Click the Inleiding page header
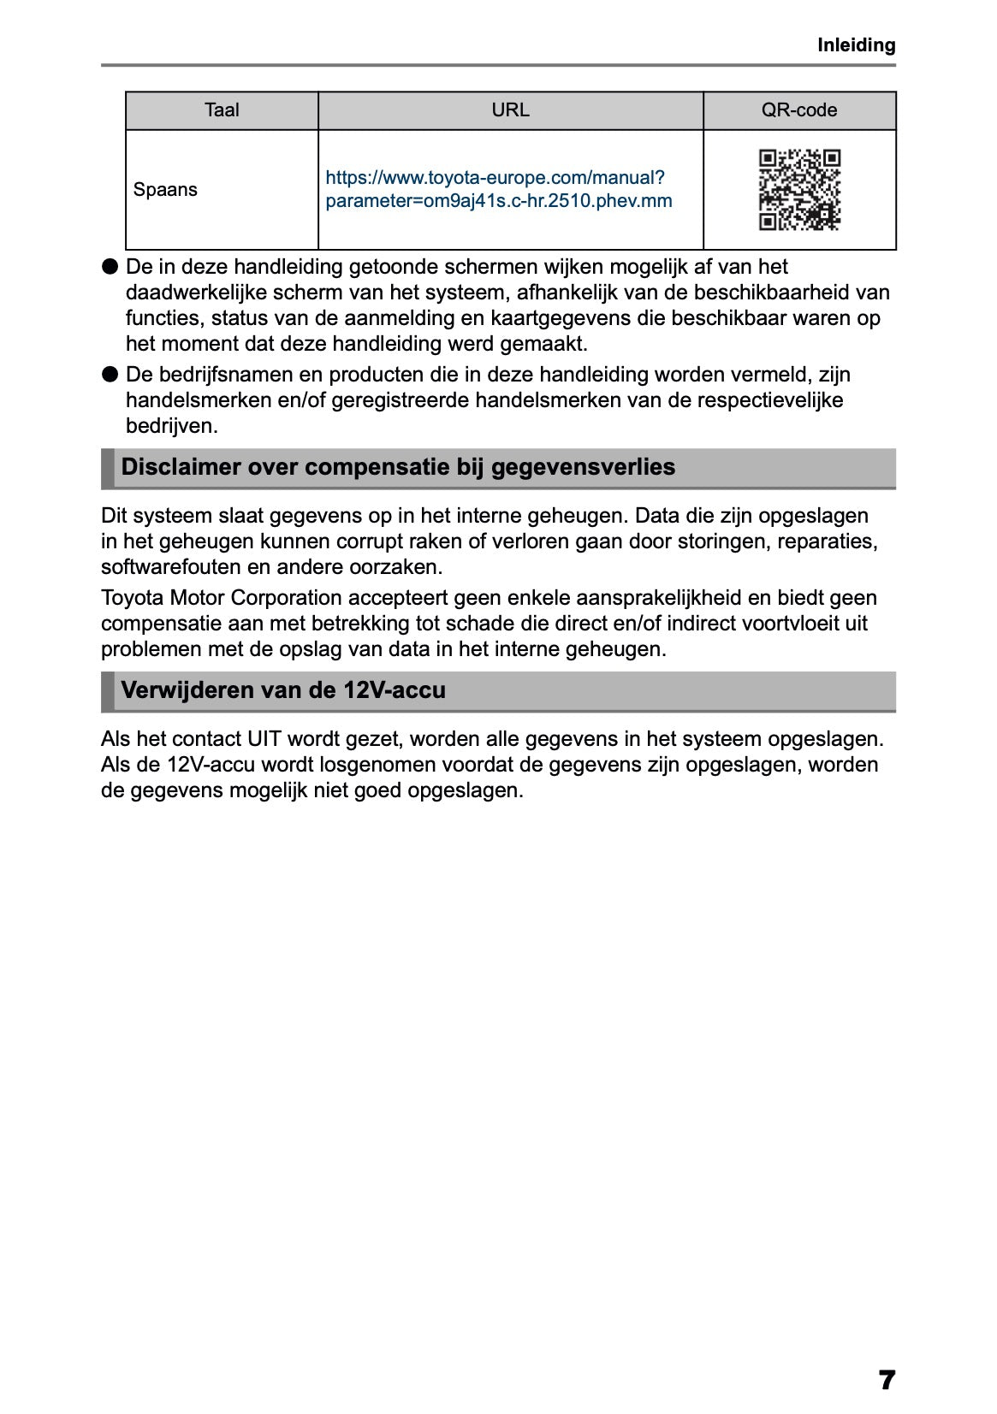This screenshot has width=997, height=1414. (x=856, y=45)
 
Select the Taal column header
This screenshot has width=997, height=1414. (x=222, y=110)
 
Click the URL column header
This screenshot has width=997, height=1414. (x=510, y=110)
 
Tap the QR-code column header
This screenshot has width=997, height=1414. (x=798, y=110)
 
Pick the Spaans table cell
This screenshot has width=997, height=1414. (x=165, y=190)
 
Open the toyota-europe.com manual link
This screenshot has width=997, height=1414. (x=498, y=190)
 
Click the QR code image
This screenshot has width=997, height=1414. (x=799, y=190)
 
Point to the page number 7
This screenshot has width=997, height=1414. (x=887, y=1380)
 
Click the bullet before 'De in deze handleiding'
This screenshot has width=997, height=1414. (x=110, y=267)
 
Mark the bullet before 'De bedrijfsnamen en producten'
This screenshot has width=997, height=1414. (x=110, y=375)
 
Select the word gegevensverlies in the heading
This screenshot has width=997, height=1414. (x=583, y=467)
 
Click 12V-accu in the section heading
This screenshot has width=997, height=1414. (x=395, y=690)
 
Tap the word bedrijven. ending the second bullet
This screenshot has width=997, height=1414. (x=171, y=426)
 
